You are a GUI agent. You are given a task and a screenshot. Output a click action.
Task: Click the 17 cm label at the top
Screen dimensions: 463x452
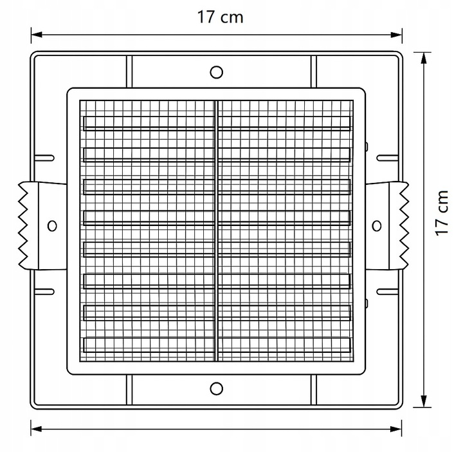point(221,17)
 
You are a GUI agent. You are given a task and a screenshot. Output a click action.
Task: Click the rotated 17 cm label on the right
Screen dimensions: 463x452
point(442,213)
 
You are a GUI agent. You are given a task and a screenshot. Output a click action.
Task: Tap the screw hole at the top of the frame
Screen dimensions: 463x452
point(217,72)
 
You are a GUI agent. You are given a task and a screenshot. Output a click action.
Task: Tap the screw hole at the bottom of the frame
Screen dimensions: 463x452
point(217,388)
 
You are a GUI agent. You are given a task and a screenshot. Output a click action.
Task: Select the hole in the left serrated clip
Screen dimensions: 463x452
point(52,226)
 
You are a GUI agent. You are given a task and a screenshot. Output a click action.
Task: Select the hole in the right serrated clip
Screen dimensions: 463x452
point(376,226)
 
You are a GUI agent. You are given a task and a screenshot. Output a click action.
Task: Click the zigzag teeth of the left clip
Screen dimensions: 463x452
point(23,226)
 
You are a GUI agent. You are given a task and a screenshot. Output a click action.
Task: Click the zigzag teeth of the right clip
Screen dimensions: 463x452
point(404,226)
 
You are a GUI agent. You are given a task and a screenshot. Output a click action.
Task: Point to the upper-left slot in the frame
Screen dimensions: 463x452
point(44,158)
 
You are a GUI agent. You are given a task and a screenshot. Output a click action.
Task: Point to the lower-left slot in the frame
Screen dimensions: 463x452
point(44,292)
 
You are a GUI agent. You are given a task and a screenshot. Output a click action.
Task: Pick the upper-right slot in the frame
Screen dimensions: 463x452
point(388,158)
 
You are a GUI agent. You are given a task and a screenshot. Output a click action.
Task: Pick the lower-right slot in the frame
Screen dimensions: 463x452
point(388,292)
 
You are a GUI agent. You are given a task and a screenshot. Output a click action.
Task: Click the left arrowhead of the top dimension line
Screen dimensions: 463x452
point(37,35)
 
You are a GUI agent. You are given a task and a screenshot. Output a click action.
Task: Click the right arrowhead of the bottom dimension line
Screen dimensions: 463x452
point(396,429)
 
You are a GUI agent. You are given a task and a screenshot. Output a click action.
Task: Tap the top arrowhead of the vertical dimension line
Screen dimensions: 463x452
point(424,58)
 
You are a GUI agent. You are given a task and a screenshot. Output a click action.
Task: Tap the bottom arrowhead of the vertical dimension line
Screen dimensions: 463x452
point(424,401)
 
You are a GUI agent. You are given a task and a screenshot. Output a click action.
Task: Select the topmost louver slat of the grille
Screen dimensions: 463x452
point(217,123)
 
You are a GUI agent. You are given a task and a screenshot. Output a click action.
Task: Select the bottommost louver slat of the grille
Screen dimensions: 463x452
point(217,345)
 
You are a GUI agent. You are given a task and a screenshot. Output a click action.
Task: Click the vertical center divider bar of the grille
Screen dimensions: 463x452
point(217,231)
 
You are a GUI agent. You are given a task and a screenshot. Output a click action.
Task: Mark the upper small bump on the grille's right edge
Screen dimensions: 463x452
point(367,146)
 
